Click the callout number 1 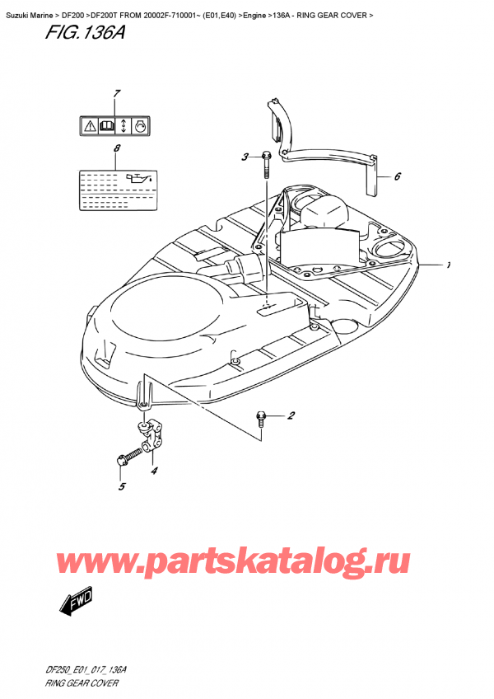pos(449,266)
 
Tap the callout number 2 pos(291,416)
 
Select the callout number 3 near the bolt pos(245,157)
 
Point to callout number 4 pos(154,471)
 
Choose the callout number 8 pos(117,148)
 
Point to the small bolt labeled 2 pos(261,417)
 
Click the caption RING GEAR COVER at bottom pos(82,683)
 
